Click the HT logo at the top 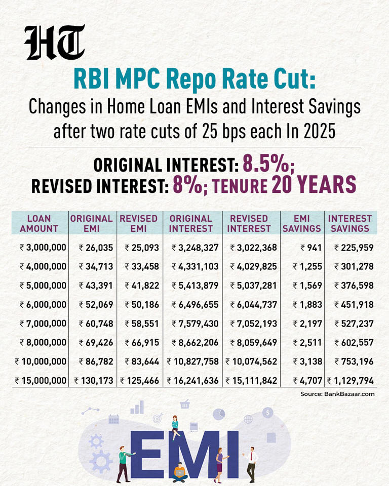pos(55,43)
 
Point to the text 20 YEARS pos(314,185)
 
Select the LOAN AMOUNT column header pos(39,223)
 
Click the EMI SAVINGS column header pos(301,223)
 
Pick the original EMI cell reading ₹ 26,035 pos(95,248)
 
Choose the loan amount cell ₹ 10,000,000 pos(41,361)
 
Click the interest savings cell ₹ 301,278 pos(354,266)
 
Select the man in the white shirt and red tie pos(251,463)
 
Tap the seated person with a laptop pos(180,472)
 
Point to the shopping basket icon pos(184,403)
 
